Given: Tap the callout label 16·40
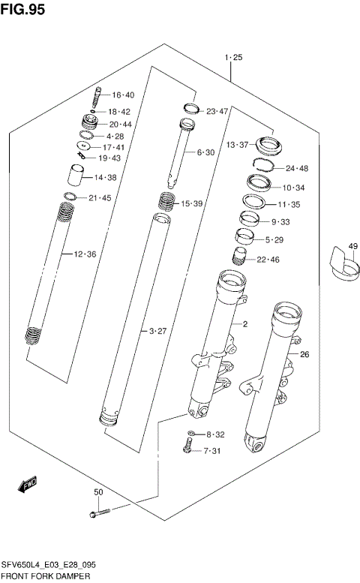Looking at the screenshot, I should [123, 95].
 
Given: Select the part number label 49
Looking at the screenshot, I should [353, 245].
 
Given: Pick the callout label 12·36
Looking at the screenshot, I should [85, 254].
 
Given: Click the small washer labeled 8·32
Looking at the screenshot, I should [190, 434].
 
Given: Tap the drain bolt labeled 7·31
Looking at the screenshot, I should [185, 449].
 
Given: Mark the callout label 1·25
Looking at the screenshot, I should [233, 57].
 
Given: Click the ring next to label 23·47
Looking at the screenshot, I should [191, 109].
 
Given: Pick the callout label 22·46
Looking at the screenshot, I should [268, 260].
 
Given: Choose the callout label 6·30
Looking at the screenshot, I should [205, 152].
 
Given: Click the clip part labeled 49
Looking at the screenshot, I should [343, 269].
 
